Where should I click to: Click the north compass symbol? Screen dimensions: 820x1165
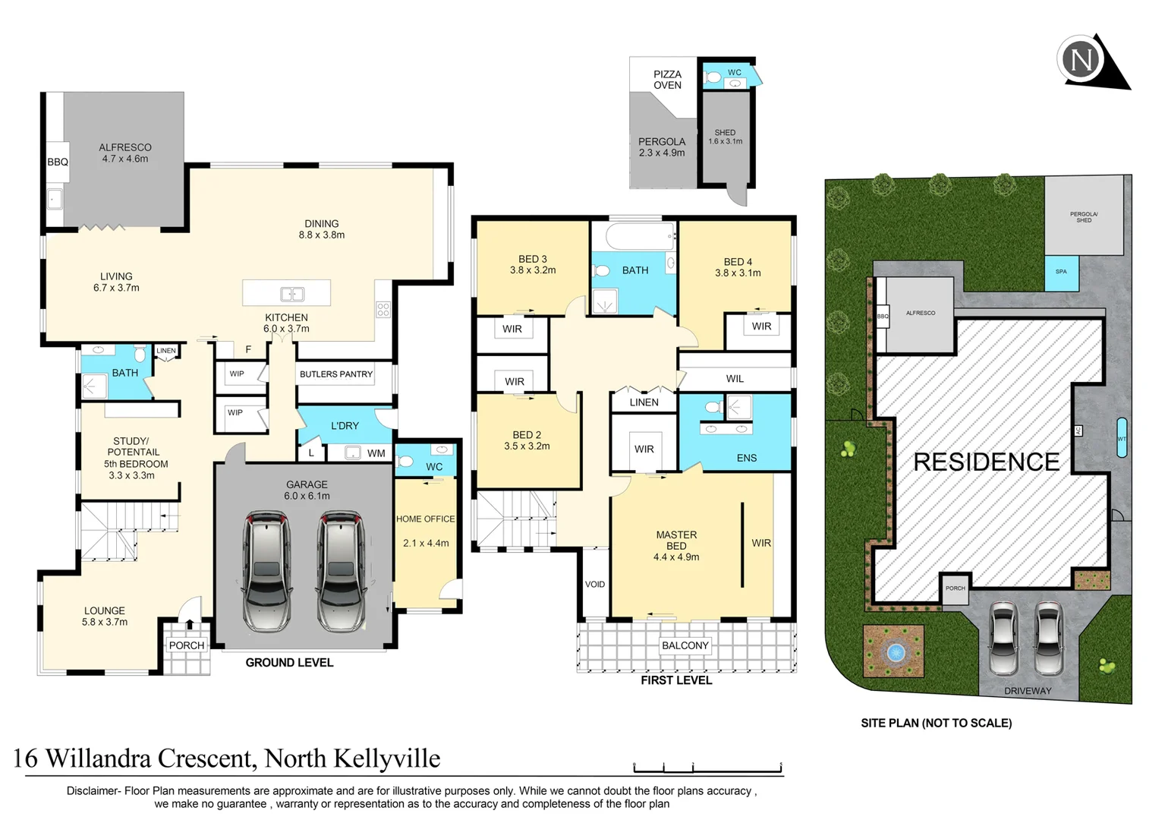[1082, 59]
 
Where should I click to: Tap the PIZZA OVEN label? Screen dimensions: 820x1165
[667, 80]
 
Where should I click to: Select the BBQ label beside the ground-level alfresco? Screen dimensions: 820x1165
[58, 162]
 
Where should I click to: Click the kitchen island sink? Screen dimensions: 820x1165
[292, 294]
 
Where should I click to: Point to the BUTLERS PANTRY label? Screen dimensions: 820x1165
[335, 374]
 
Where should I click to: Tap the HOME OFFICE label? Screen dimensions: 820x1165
[425, 519]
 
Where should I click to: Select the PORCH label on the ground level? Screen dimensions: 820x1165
[187, 645]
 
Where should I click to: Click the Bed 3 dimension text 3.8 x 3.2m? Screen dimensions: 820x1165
[533, 270]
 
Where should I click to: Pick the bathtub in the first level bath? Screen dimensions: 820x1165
[633, 236]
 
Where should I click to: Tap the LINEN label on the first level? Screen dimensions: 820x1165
[644, 402]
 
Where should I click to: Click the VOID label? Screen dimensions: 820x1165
[595, 584]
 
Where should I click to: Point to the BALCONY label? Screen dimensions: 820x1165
[685, 645]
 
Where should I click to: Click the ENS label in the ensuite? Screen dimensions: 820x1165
[746, 458]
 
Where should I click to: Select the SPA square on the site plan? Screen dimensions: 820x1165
[1061, 273]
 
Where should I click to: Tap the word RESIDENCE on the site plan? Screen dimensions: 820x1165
[986, 462]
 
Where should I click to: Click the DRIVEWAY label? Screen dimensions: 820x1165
[1028, 691]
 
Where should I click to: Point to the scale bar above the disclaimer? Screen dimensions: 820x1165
[707, 768]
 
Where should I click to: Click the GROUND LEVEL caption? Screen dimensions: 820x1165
[289, 663]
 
